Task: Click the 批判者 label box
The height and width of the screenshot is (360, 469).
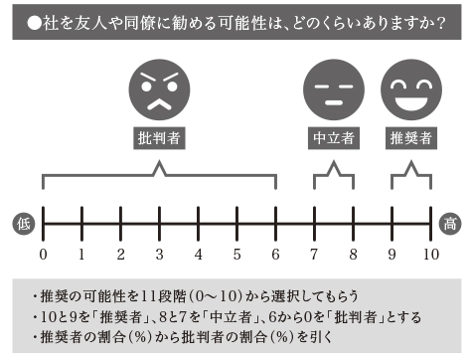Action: pos(159,139)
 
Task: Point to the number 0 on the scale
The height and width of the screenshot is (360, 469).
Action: pos(44,254)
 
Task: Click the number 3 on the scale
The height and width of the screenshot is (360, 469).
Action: pos(159,254)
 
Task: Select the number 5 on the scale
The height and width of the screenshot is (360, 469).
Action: pos(236,254)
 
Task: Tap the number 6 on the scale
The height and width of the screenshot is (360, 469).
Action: pos(275,254)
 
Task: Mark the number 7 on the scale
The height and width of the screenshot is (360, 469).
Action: pos(314,254)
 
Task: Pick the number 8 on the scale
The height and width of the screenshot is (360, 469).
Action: pos(353,254)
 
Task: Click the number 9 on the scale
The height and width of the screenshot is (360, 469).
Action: pos(391,254)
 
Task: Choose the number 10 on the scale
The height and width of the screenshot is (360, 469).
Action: pos(429,254)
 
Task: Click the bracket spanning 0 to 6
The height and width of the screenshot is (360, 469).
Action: pos(159,176)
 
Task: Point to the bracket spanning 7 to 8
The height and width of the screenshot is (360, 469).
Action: pos(333,176)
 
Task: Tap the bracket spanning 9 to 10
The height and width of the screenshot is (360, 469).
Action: pos(410,176)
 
